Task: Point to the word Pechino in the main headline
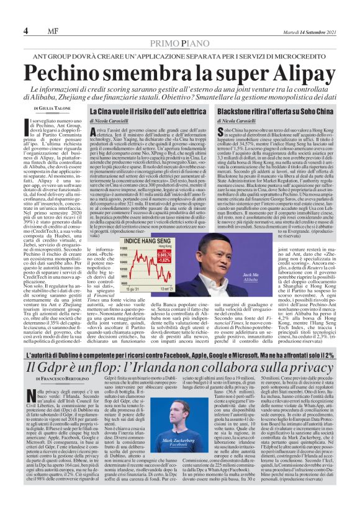[x=74, y=72]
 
